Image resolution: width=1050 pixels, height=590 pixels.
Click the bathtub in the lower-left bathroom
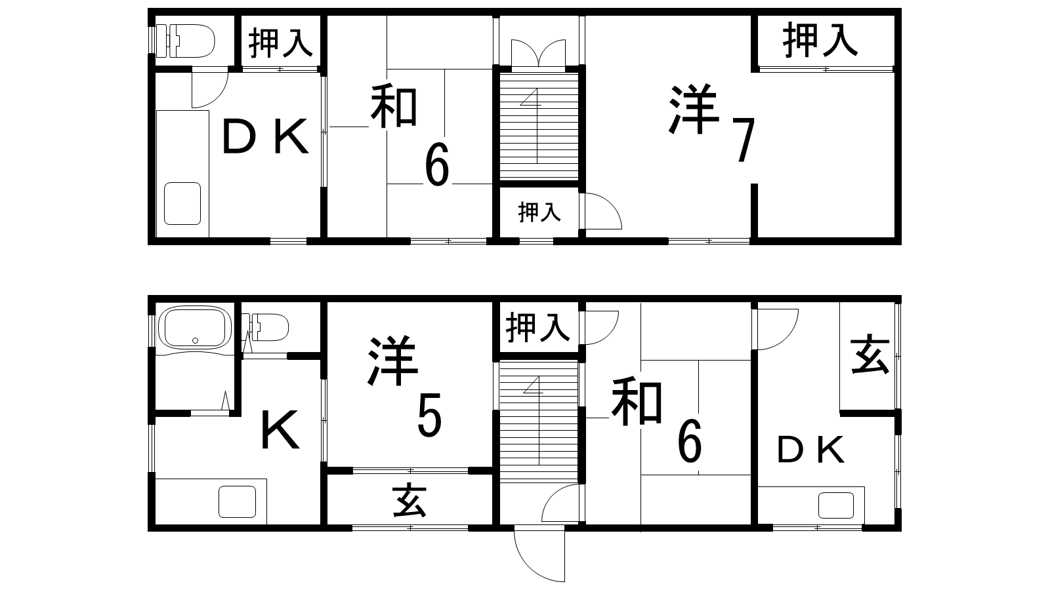pyautogui.click(x=195, y=328)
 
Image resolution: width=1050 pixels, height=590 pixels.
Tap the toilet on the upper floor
pyautogui.click(x=185, y=41)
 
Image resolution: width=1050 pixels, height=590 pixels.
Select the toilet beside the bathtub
pyautogui.click(x=270, y=327)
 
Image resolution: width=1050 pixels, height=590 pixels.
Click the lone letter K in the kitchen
pyautogui.click(x=280, y=429)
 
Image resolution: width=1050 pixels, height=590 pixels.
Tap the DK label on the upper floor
pyautogui.click(x=265, y=137)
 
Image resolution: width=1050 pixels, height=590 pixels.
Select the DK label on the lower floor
pyautogui.click(x=811, y=450)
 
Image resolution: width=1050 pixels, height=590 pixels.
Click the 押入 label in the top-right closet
pyautogui.click(x=820, y=41)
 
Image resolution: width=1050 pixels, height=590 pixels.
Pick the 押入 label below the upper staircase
pyautogui.click(x=539, y=212)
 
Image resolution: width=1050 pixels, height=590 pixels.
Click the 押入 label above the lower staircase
pyautogui.click(x=538, y=328)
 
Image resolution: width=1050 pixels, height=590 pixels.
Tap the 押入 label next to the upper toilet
pyautogui.click(x=281, y=43)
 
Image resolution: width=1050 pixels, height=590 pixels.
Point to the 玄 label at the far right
pyautogui.click(x=870, y=354)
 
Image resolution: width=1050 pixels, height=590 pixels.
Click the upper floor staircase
pyautogui.click(x=539, y=126)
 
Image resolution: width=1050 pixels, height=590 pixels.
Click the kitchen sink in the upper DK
pyautogui.click(x=182, y=203)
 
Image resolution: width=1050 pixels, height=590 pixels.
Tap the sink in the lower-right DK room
pyautogui.click(x=836, y=505)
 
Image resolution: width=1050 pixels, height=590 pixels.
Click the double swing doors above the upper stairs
pyautogui.click(x=539, y=52)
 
